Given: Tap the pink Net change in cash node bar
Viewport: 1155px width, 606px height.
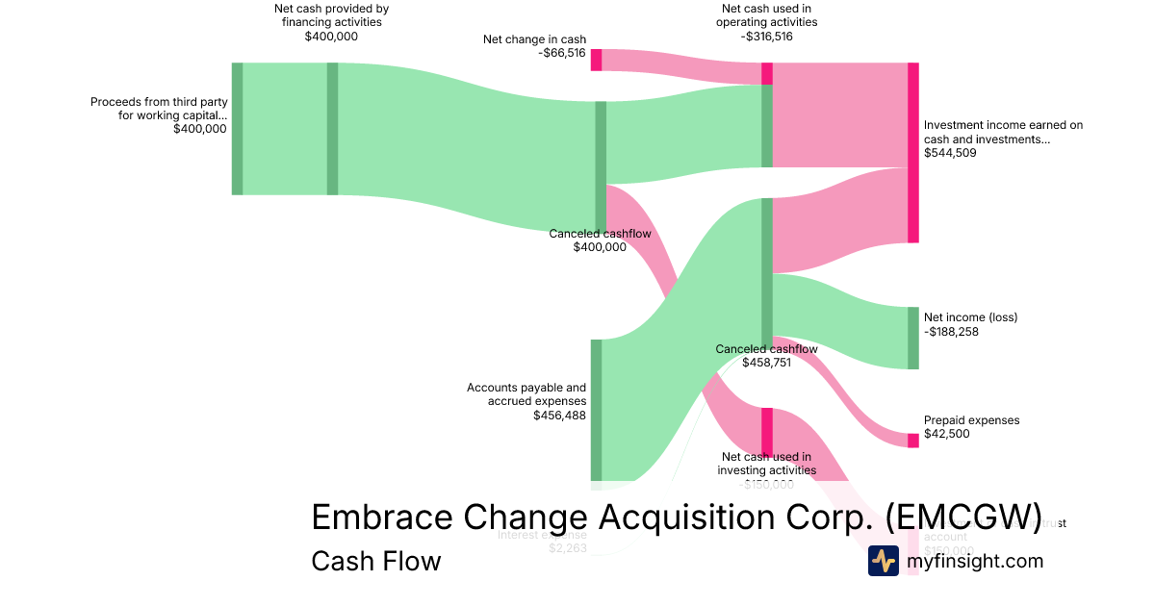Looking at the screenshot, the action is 596,59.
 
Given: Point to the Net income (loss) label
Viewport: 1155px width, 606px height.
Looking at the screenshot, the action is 970,317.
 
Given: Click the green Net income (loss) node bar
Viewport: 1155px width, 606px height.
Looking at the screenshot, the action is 913,338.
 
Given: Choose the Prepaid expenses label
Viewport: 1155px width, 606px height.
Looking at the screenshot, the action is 971,420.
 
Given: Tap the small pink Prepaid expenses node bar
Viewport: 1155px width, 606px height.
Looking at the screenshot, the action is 913,441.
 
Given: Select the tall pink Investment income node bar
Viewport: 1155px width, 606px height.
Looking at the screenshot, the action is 913,152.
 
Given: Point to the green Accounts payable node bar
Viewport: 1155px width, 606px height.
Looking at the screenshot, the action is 596,409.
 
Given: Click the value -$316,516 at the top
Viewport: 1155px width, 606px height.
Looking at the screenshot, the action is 766,37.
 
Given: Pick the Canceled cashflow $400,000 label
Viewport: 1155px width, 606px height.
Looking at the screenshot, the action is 600,240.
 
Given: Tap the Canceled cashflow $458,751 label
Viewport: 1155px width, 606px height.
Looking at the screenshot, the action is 766,356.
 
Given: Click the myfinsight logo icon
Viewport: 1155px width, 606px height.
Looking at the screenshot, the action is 883,561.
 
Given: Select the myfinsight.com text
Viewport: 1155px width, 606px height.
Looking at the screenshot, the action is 975,561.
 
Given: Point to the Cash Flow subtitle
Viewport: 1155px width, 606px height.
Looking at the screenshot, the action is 375,561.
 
